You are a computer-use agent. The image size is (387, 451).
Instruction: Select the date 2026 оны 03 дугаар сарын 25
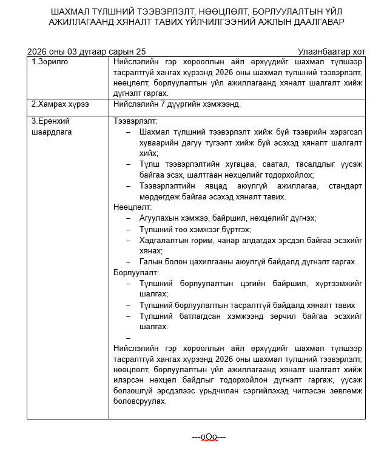(x=86, y=52)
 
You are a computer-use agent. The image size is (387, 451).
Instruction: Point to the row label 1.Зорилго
(x=49, y=62)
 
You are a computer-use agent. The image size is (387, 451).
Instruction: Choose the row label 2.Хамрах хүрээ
(x=60, y=104)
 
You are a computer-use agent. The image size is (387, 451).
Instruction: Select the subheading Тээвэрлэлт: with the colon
(x=135, y=121)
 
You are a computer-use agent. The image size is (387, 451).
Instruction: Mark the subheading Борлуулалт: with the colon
(x=136, y=272)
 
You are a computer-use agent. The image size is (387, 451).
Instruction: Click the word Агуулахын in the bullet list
(x=159, y=218)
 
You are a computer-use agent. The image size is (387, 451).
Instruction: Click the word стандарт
(x=345, y=185)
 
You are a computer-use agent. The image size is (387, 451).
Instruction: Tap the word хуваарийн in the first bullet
(x=159, y=143)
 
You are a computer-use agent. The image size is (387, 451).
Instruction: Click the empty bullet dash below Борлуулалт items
(x=128, y=338)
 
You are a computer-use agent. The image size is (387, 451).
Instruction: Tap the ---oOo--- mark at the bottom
(x=209, y=436)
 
